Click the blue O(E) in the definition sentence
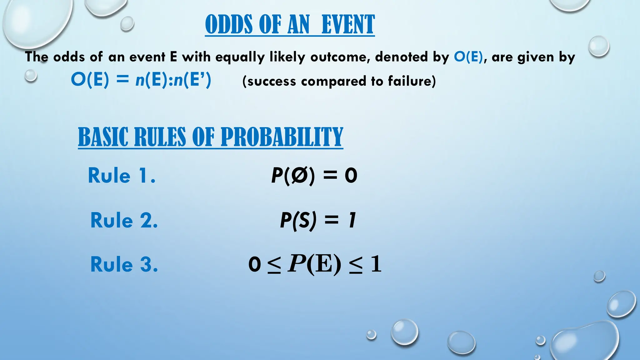pyautogui.click(x=468, y=57)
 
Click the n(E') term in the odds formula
pyautogui.click(x=192, y=80)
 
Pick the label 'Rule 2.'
pyautogui.click(x=124, y=220)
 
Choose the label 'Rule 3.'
pyautogui.click(x=124, y=264)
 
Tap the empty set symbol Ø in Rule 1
pyautogui.click(x=299, y=175)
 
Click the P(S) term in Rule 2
pyautogui.click(x=298, y=220)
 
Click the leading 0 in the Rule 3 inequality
pyautogui.click(x=254, y=264)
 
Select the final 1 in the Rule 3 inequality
pyautogui.click(x=376, y=264)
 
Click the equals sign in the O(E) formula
pyautogui.click(x=122, y=80)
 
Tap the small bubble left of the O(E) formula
pyautogui.click(x=31, y=76)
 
